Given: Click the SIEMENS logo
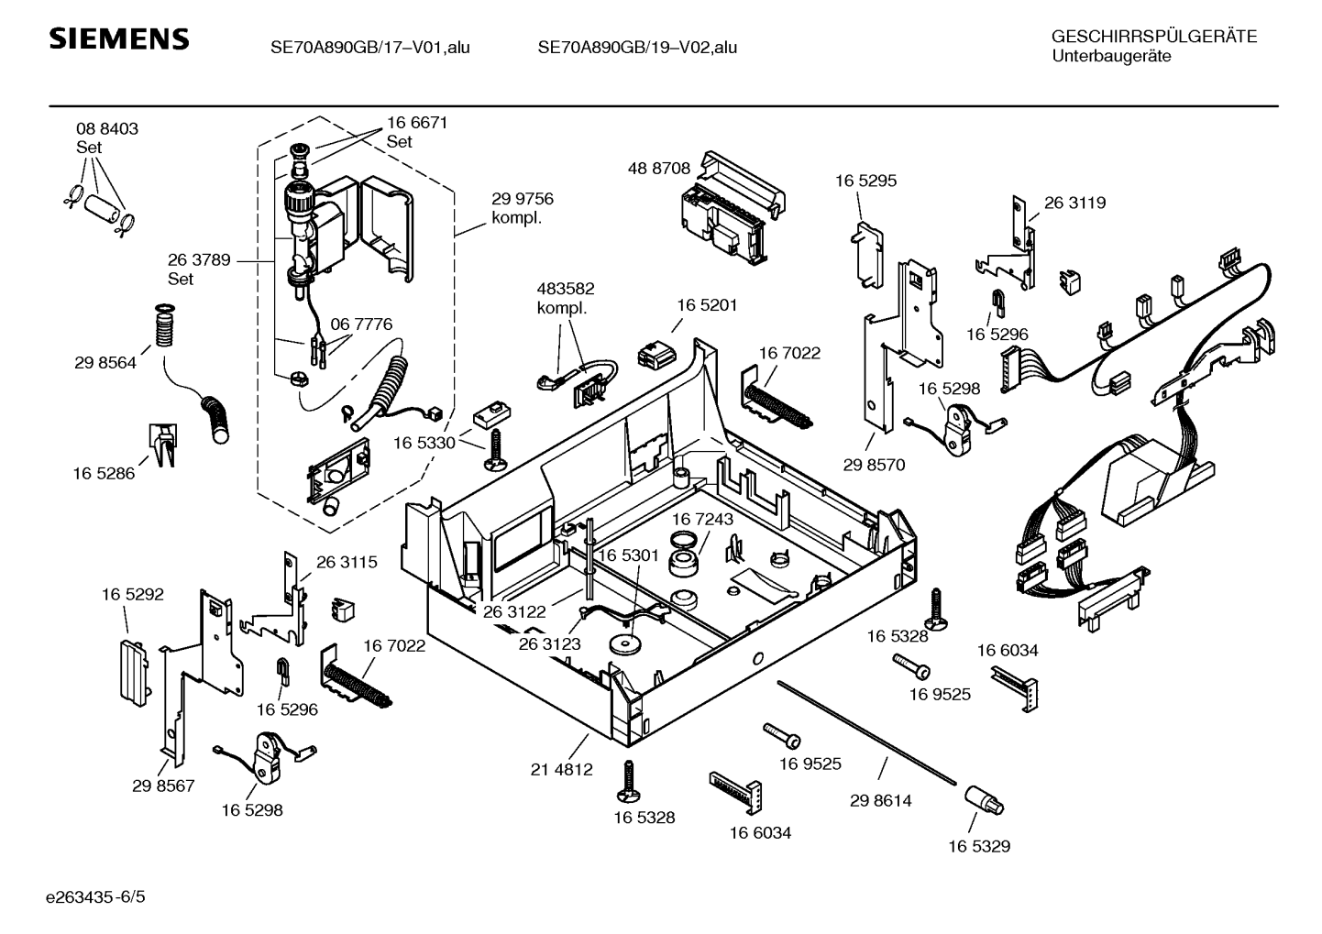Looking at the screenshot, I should click(x=118, y=39).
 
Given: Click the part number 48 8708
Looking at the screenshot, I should click(x=659, y=169).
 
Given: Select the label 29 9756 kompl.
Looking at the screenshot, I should click(x=522, y=208).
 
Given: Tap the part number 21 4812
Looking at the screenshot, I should click(x=561, y=770).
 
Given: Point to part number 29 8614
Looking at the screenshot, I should click(x=880, y=800).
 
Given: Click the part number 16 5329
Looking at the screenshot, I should click(x=979, y=846).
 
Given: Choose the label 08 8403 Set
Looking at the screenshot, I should click(x=107, y=137).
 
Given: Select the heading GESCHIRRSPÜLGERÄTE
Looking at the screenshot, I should click(x=1153, y=37).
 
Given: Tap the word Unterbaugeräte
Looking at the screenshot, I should click(x=1111, y=56).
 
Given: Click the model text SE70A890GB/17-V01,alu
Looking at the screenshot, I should click(x=369, y=48).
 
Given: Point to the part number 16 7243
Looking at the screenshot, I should click(x=702, y=520).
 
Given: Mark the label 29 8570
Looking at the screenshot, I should click(x=874, y=465).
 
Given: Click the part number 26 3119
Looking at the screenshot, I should click(x=1074, y=203).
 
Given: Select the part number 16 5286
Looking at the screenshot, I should click(x=104, y=473).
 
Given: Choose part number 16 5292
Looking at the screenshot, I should click(x=132, y=594).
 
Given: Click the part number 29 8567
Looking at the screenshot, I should click(x=163, y=786).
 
